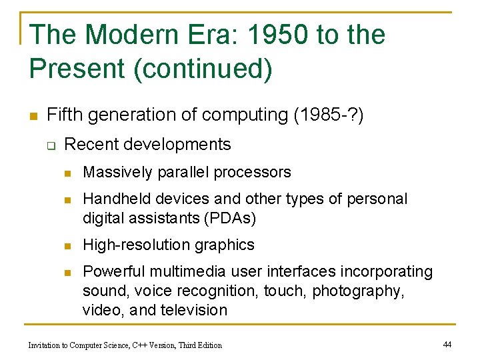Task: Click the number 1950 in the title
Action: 267,35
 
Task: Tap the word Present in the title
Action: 78,69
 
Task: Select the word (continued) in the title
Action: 203,69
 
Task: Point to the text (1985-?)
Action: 329,115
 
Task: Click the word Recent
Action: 89,144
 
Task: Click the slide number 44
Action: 447,344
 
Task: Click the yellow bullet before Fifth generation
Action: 32,115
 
